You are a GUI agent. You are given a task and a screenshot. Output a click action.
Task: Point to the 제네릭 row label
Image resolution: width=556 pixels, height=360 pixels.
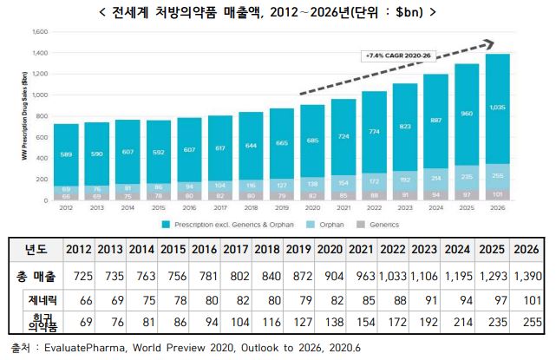(36, 299)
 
